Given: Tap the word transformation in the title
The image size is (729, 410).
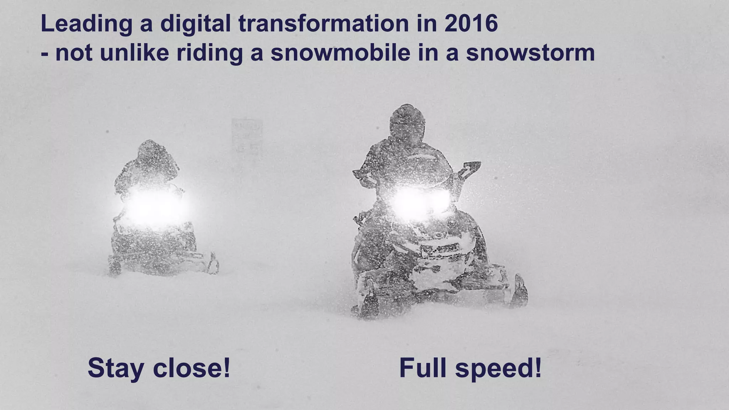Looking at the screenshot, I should tap(323, 23).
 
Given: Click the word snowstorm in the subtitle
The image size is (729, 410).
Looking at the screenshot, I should tap(530, 53).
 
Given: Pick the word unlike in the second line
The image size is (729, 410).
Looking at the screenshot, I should tap(134, 53).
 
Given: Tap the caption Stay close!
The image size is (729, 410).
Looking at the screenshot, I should tap(159, 368).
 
